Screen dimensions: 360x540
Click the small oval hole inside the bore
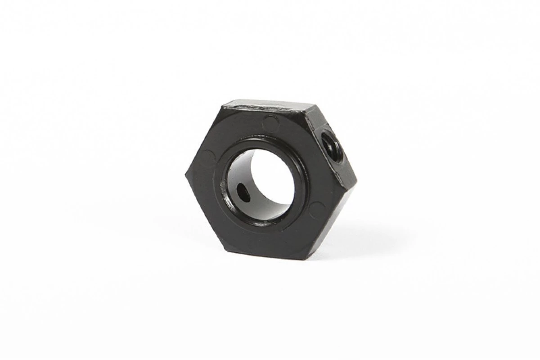[243, 194]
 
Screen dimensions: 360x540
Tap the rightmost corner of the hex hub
[356, 182]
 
